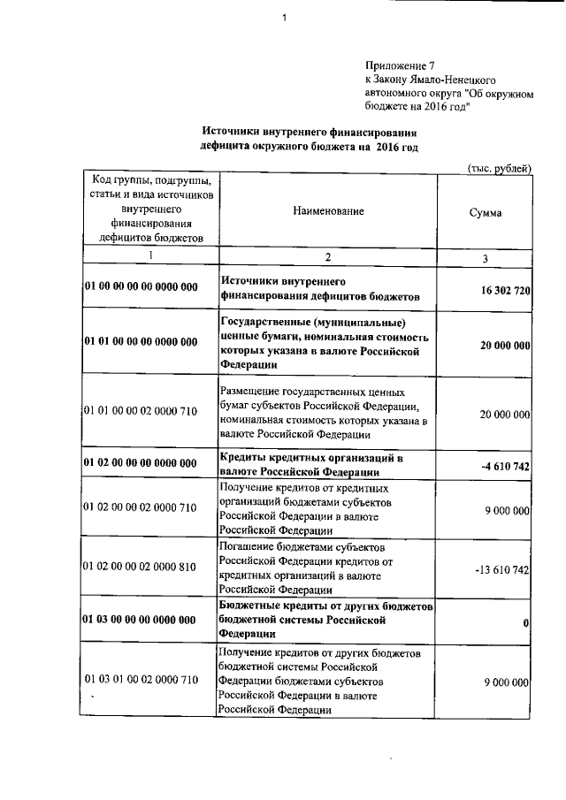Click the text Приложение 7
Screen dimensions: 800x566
[401, 65]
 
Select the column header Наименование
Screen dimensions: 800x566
[326, 212]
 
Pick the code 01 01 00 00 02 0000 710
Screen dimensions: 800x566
[141, 411]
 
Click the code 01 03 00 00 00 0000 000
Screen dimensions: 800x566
[141, 620]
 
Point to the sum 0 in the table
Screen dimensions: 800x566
[525, 624]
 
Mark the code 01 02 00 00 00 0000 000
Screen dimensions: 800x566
[141, 462]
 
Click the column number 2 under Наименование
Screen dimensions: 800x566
[326, 256]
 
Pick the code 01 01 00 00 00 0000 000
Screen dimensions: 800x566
[141, 342]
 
